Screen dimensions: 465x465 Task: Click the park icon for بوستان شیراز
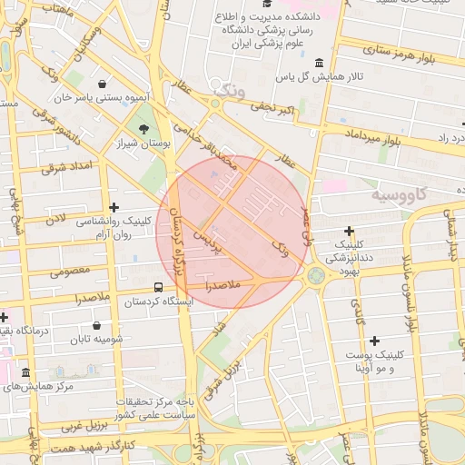(x=144, y=128)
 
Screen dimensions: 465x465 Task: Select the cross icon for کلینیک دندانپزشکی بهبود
(x=350, y=232)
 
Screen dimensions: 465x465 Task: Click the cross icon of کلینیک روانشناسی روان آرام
(x=114, y=208)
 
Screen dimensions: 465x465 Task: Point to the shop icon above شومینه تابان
(x=97, y=325)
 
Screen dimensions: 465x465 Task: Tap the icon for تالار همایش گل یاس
(x=319, y=63)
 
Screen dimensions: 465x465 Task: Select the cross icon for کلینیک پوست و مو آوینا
(x=375, y=341)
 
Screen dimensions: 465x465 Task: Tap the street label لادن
(x=56, y=219)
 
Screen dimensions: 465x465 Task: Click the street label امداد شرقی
(x=62, y=168)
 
